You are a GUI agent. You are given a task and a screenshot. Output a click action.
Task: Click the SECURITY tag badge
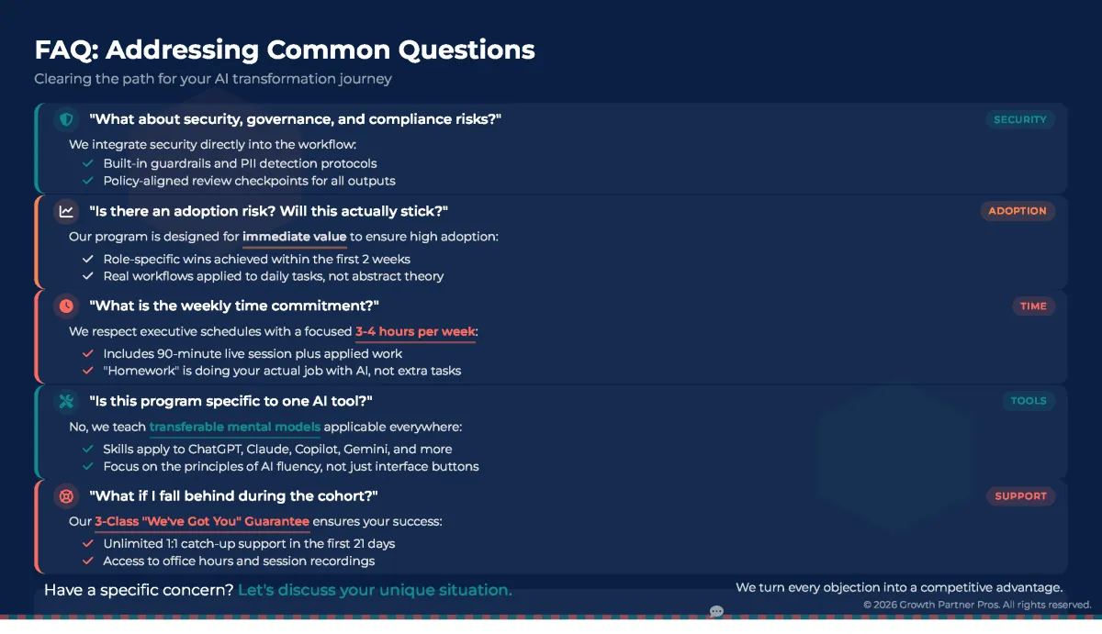point(1020,119)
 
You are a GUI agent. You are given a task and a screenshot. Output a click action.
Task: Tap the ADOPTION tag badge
point(1018,211)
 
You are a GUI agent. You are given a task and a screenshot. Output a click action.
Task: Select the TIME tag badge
point(1033,306)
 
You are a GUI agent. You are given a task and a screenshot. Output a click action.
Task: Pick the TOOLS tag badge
point(1029,401)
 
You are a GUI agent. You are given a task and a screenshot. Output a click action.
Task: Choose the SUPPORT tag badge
point(1020,495)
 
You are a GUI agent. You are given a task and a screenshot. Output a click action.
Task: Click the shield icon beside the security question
point(66,119)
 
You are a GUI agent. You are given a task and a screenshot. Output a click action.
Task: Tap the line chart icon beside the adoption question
point(66,211)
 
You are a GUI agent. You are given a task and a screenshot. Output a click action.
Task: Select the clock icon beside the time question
point(66,306)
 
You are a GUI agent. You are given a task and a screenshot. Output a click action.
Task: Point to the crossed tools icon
point(66,401)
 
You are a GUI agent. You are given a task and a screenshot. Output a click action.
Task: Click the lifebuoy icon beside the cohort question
point(66,495)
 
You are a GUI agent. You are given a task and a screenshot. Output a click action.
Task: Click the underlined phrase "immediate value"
point(294,237)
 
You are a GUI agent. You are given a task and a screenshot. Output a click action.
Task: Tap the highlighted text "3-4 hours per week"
point(415,332)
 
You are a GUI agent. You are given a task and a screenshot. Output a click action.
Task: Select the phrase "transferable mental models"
point(235,427)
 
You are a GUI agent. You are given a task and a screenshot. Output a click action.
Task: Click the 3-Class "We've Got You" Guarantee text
point(202,521)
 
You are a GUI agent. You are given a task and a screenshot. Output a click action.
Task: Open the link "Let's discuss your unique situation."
point(375,590)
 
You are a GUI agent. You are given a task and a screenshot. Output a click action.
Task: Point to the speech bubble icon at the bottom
point(716,611)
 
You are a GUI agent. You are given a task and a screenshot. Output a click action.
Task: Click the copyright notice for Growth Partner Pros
point(977,605)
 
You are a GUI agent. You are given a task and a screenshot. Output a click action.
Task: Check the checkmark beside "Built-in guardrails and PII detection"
point(88,163)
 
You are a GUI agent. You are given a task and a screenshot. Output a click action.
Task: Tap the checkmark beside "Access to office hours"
point(88,561)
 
